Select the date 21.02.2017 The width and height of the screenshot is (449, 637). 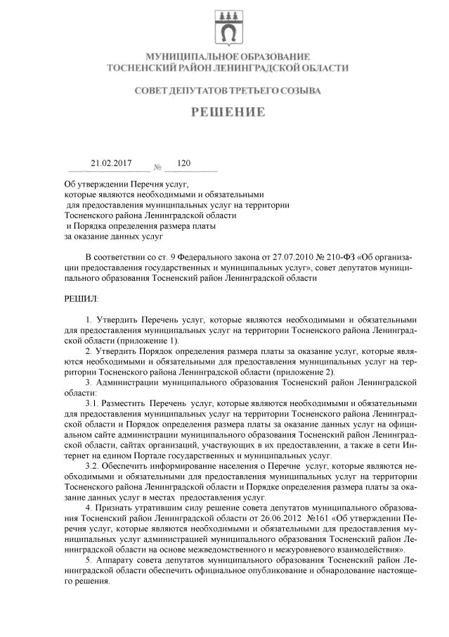pos(111,163)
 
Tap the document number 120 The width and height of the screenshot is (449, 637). pos(184,163)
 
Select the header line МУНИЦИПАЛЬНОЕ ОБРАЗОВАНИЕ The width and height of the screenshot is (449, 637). pos(227,56)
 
